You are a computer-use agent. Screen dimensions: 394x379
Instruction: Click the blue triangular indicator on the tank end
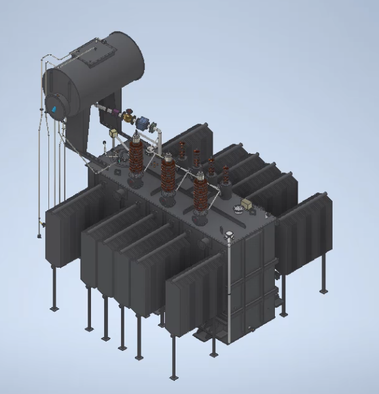point(54,105)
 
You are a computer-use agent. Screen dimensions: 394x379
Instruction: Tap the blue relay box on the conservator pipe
point(142,122)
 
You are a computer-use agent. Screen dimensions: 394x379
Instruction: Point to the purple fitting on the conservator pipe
point(116,115)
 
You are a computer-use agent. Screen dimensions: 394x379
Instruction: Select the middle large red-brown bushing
point(169,173)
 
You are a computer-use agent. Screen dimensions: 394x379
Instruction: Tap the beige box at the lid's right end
point(248,205)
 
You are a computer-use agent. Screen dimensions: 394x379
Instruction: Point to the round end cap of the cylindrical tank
point(57,104)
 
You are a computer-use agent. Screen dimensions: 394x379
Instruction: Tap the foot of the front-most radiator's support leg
point(173,378)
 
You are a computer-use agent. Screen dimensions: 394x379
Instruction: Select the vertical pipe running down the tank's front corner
point(230,288)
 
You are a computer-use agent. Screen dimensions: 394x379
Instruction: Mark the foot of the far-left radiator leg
point(54,308)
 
